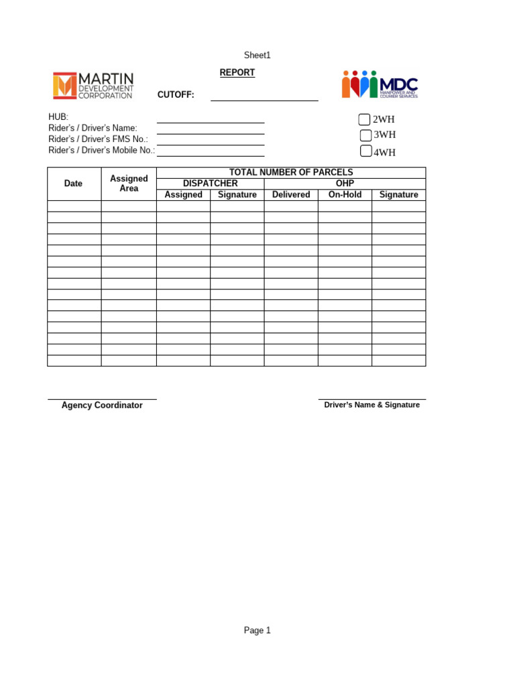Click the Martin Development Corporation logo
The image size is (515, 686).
[x=93, y=86]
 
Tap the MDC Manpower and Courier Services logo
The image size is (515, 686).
[x=380, y=84]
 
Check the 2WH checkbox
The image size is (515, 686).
[x=364, y=120]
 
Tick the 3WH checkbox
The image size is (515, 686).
[x=365, y=135]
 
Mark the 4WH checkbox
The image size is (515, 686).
[x=365, y=151]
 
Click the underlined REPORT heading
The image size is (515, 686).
[x=237, y=72]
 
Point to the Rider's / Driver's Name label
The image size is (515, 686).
[x=93, y=128]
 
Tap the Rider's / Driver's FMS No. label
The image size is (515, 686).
[x=98, y=139]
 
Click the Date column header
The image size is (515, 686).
[x=74, y=184]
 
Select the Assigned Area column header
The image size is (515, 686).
[x=129, y=184]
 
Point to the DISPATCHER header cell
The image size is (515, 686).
[x=210, y=184]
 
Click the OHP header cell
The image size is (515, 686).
[x=345, y=184]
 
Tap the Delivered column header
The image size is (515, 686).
[x=291, y=195]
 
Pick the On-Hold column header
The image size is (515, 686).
[x=345, y=195]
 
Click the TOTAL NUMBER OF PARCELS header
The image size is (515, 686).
[x=290, y=173]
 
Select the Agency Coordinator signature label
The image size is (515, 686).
[x=102, y=405]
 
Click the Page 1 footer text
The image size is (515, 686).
[x=257, y=630]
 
